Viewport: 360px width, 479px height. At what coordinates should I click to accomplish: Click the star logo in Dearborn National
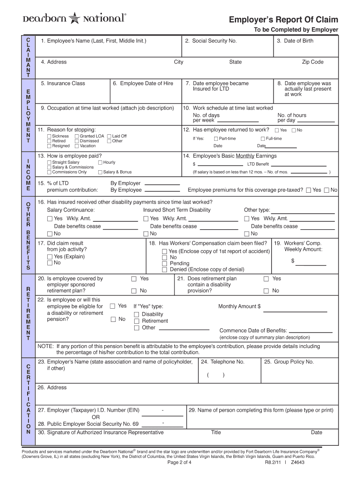75,18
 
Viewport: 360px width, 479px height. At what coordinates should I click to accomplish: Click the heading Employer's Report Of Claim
283,20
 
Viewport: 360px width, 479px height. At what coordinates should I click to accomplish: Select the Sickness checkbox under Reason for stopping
50,137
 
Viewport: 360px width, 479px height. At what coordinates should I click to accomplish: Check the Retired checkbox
50,141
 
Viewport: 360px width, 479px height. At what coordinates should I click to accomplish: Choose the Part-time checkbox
216,139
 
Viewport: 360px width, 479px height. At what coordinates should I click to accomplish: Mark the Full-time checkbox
263,139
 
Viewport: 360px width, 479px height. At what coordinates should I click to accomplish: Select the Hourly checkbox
100,163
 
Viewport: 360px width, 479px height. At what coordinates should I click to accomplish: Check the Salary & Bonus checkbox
100,173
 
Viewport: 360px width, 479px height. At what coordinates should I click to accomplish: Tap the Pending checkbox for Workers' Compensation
164,263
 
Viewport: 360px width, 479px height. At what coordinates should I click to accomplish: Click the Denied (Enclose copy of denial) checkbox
164,269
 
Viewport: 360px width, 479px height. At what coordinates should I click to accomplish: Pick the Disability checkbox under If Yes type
137,314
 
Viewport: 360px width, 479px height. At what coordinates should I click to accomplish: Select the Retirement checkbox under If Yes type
137,321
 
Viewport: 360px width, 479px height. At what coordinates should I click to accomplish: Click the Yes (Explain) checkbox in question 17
50,256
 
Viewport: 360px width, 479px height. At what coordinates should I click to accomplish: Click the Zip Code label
312,62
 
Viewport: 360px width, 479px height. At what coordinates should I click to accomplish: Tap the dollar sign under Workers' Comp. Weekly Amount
293,261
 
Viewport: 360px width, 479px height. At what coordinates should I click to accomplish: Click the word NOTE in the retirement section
45,347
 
